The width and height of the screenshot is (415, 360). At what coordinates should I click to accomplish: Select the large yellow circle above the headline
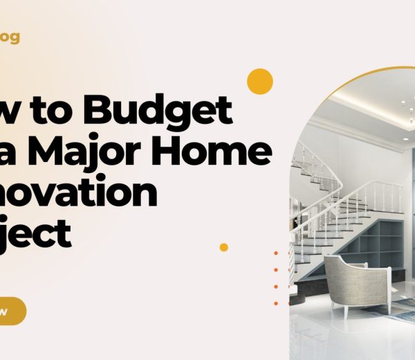coord(259,81)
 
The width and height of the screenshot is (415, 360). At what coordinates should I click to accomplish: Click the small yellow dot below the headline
coord(223,247)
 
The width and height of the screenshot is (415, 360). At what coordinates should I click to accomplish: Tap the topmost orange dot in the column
coord(276,253)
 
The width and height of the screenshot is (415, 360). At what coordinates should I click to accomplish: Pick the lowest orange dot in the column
coord(276,303)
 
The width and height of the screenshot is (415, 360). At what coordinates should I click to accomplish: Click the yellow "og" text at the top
coord(10,37)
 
